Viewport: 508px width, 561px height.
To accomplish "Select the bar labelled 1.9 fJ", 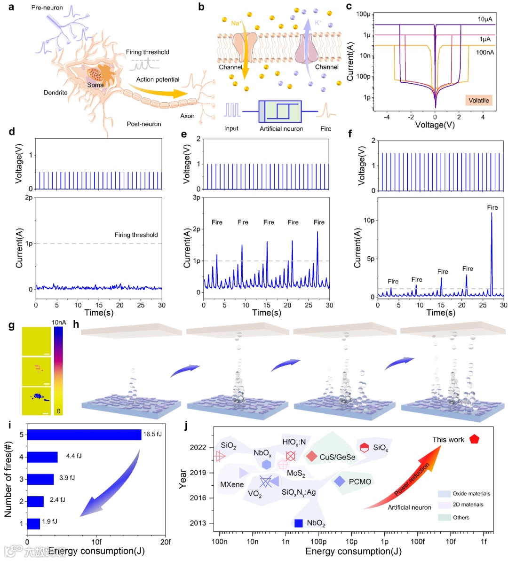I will click(33, 523).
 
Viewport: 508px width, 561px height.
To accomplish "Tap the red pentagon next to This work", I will click(474, 439).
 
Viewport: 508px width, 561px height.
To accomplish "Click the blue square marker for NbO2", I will click(298, 523).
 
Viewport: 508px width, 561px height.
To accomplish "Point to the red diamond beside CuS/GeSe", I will click(311, 456).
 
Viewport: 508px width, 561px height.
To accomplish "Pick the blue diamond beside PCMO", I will click(340, 481).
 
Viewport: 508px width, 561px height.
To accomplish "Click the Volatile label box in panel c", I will click(478, 100).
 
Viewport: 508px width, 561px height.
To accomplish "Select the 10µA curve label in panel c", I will click(485, 19).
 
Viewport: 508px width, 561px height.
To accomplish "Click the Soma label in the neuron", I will click(95, 85).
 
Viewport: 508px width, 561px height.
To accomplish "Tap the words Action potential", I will click(158, 79).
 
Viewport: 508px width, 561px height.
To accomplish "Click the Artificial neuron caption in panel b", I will click(281, 129).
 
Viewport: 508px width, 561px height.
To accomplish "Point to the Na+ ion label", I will click(236, 23).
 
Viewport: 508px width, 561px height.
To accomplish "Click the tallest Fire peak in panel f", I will click(492, 214).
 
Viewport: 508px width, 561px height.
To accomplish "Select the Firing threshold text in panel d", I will click(136, 235).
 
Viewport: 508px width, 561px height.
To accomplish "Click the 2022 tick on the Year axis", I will click(198, 447).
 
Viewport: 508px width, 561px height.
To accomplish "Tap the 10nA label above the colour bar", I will click(59, 322).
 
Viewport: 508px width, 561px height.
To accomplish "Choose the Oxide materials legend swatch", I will click(444, 494).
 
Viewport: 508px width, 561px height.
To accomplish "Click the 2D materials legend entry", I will click(468, 505).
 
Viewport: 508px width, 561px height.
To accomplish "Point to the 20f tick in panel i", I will click(166, 542).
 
